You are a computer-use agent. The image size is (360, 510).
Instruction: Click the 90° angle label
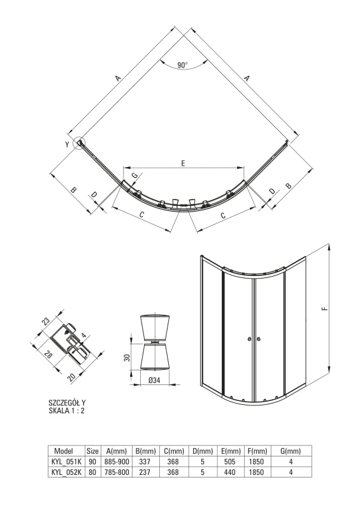tap(182, 65)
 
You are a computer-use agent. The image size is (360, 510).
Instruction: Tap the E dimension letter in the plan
tap(183, 163)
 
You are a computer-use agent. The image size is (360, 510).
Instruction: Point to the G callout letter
tap(134, 176)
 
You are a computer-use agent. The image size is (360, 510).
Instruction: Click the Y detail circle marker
tap(79, 143)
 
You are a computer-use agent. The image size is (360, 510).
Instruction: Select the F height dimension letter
tap(326, 309)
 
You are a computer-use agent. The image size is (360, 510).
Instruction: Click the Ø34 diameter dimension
tap(154, 380)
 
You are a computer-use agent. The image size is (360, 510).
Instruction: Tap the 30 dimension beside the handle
tap(127, 358)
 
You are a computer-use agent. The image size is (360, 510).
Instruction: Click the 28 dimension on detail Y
tap(48, 354)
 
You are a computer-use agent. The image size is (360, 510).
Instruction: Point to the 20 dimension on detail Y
tap(71, 377)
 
